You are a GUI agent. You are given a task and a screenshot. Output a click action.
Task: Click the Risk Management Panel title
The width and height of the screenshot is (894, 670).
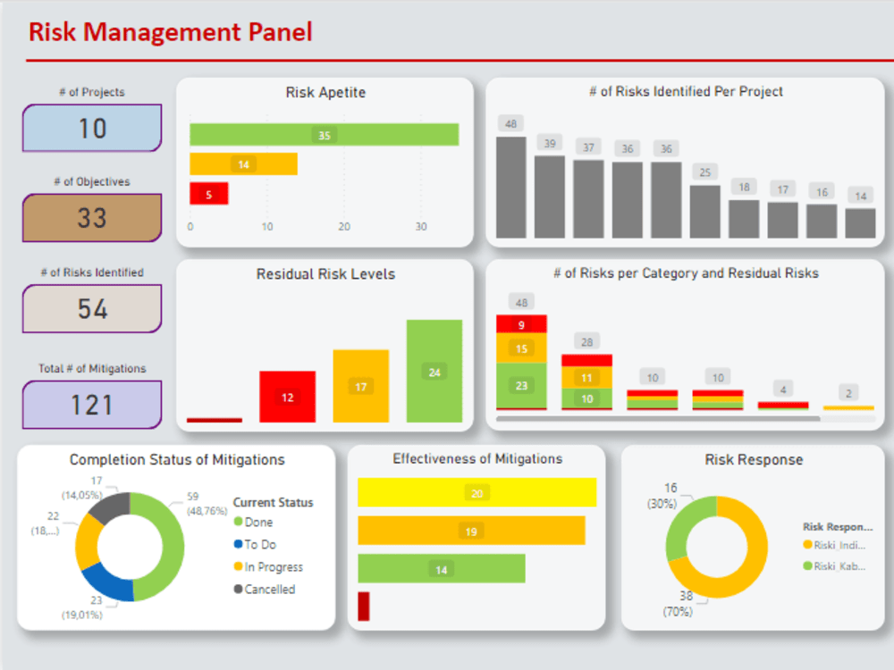171,32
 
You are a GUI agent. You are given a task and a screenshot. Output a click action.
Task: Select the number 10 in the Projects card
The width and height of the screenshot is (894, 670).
92,129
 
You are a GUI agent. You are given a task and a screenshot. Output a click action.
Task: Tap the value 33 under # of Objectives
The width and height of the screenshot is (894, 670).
92,218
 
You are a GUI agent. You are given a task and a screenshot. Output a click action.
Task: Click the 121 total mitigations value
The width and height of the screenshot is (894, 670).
92,405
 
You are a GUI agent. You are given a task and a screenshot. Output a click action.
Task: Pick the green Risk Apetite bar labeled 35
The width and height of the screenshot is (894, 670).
324,135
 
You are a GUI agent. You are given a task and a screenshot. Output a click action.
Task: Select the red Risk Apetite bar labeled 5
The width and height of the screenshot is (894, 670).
208,194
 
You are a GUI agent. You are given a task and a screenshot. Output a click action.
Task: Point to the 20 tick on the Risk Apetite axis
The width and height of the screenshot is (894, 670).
344,227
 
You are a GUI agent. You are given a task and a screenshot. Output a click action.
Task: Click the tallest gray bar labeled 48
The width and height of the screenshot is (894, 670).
510,187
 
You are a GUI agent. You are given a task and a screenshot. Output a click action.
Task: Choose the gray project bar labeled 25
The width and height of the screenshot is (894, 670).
704,211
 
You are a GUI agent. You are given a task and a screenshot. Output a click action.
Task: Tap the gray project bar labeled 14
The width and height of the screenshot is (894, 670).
860,222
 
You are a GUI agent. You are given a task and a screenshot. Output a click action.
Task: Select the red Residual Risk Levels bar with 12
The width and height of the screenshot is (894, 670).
287,397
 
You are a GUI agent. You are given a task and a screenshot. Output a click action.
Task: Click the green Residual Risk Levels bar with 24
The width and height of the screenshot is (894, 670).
434,372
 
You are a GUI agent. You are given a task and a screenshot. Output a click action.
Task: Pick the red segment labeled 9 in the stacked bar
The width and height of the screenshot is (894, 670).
521,324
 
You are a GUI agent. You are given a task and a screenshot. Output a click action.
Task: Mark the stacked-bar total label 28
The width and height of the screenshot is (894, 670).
586,341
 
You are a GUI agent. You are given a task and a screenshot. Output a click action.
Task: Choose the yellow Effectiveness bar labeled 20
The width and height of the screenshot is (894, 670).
477,493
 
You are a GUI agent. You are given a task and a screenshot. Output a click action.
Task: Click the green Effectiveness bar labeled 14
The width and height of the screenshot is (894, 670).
441,569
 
